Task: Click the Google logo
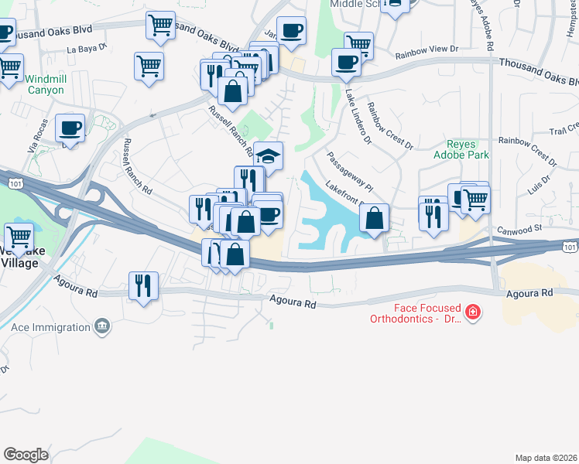pyautogui.click(x=26, y=454)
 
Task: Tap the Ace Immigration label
pyautogui.click(x=51, y=327)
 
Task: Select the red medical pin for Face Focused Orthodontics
pyautogui.click(x=472, y=313)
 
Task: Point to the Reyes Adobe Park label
pyautogui.click(x=468, y=149)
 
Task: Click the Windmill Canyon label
pyautogui.click(x=46, y=84)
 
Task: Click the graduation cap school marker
pyautogui.click(x=268, y=157)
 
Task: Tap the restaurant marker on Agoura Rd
pyautogui.click(x=143, y=285)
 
